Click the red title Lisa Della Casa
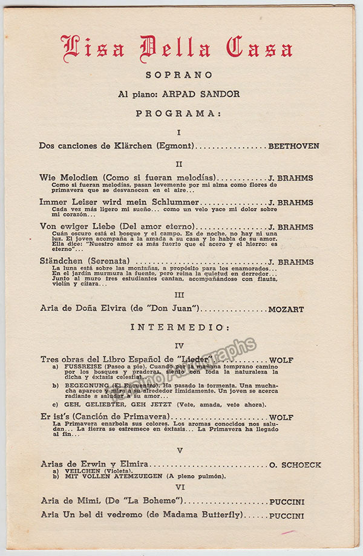tap(177, 49)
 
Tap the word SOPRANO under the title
tap(178, 75)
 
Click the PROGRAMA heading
tap(178, 113)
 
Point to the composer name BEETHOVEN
tap(293, 146)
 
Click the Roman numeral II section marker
tap(179, 164)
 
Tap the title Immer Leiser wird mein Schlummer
tap(119, 202)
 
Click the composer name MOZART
tap(286, 309)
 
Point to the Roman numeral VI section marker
tap(179, 486)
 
